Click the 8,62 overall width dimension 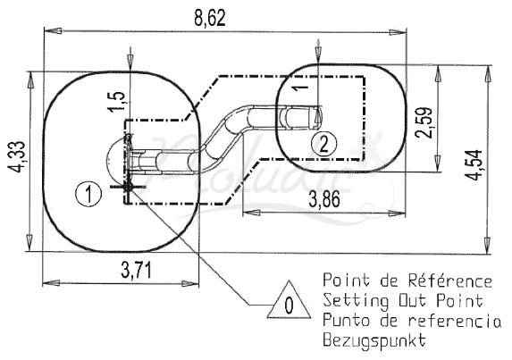coord(210,18)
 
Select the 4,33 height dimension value coord(17,157)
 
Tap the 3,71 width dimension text coord(137,271)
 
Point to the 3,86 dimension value coord(324,199)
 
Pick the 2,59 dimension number coord(424,122)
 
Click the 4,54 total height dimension coord(474,164)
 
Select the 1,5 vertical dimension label coord(117,101)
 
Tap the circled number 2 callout coord(323,144)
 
